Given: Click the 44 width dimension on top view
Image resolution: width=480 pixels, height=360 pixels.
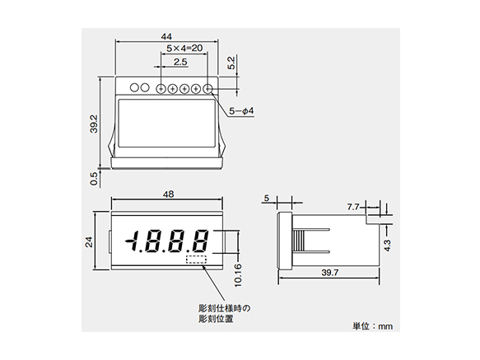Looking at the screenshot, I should point(167,37).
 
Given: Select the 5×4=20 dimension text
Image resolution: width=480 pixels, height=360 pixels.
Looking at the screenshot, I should point(184,49).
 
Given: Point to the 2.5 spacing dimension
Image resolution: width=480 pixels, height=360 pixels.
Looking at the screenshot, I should point(180,62).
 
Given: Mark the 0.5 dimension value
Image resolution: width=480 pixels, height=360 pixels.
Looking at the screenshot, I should point(94,175).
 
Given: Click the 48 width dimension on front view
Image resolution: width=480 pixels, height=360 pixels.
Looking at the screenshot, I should point(168,194).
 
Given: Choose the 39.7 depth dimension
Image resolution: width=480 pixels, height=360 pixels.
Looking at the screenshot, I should point(330,273).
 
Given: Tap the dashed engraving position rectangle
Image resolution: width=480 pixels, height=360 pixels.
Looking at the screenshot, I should point(197,260).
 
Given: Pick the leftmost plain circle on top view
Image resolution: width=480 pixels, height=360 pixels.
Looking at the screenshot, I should point(132,87).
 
